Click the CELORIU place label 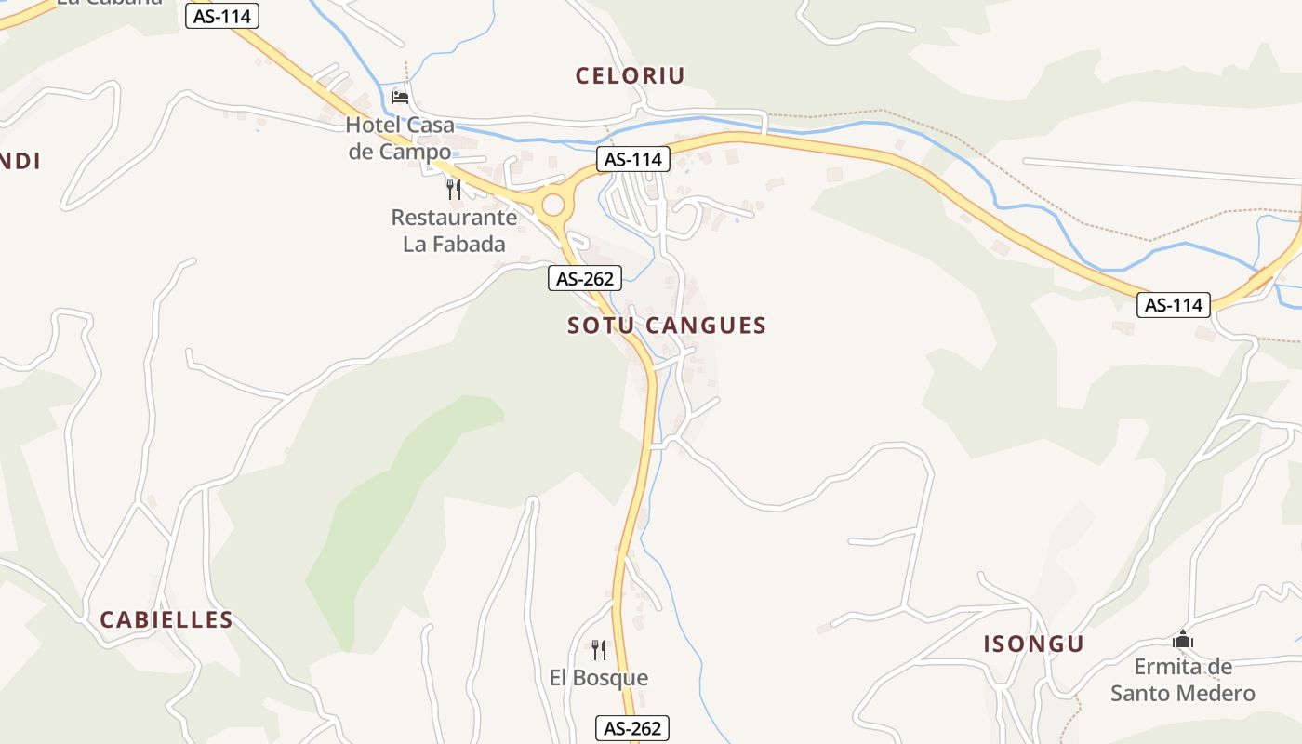[630, 76]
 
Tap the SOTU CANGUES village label [667, 325]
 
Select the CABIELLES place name [166, 620]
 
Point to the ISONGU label [1034, 644]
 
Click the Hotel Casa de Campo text [400, 138]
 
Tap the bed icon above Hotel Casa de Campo [400, 97]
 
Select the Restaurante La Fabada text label [454, 231]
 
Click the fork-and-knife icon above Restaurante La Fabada [454, 190]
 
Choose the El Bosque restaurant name [599, 678]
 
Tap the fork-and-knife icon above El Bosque [599, 649]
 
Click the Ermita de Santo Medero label [1183, 680]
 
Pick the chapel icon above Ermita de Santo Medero [1183, 640]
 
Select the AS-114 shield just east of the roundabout [632, 159]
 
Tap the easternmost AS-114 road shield [1174, 305]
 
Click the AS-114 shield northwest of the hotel [221, 16]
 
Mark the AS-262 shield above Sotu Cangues [584, 278]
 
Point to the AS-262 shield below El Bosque [632, 728]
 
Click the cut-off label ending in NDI [20, 162]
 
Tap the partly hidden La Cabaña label [110, 3]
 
